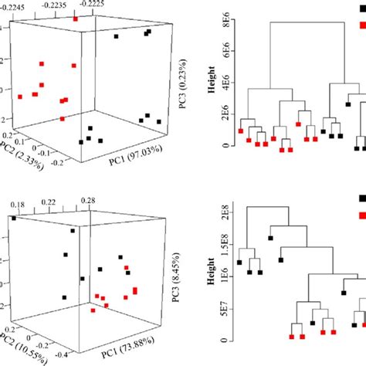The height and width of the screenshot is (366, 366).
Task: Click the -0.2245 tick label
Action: click(x=19, y=4)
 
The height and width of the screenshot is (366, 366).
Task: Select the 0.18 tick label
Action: click(x=16, y=181)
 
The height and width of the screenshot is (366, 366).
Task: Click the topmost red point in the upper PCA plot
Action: click(x=76, y=17)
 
